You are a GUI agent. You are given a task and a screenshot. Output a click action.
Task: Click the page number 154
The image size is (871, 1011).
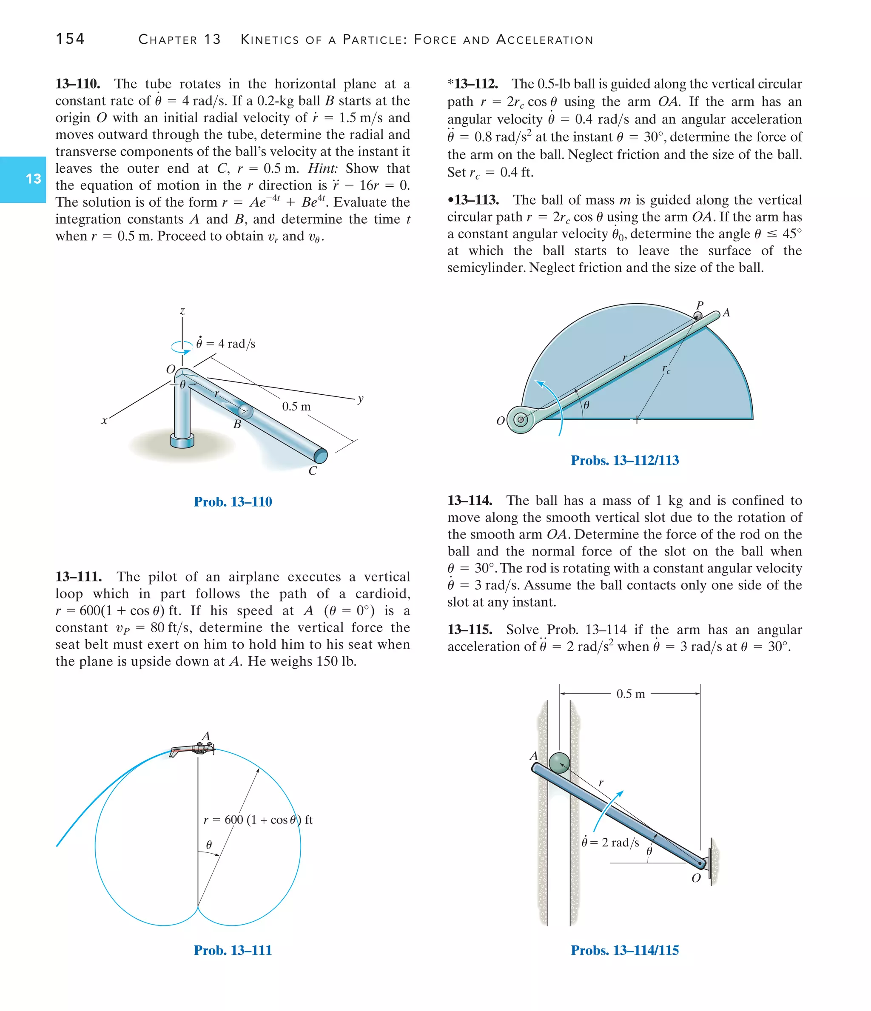pos(70,39)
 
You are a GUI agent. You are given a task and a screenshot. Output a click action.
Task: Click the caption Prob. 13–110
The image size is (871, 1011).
pos(233,501)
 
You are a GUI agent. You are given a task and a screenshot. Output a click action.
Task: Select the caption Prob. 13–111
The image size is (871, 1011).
pos(233,950)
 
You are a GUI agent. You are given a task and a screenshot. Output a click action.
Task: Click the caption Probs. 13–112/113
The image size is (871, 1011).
pos(625,460)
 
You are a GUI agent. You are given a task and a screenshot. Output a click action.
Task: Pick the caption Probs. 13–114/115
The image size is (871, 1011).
pos(625,950)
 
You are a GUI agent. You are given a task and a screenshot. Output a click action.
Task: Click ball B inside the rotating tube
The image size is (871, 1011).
pos(245,411)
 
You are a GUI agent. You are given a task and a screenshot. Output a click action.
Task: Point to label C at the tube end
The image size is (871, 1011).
pos(313,471)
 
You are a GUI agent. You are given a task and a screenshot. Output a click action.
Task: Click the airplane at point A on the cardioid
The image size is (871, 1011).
pos(193,749)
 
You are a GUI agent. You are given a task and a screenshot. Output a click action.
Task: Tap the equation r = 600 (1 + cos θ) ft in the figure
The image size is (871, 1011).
pos(258,820)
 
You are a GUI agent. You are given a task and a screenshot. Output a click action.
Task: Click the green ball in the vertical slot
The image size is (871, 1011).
pos(559,763)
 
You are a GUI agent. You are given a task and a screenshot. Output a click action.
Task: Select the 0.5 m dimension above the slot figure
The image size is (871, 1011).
pos(630,693)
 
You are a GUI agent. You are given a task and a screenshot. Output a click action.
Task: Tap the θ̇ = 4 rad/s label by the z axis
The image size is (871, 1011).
pos(225,344)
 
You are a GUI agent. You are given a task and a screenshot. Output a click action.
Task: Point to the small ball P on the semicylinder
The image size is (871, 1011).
pos(698,316)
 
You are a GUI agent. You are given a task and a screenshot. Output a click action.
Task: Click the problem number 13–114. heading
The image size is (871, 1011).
pos(470,501)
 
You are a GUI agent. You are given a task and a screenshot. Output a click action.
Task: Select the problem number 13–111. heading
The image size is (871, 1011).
pos(78,577)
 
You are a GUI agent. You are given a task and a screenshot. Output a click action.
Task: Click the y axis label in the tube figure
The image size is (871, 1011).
pos(360,399)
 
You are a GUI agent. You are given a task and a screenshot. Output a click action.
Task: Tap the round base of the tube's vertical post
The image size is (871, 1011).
pos(182,441)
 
